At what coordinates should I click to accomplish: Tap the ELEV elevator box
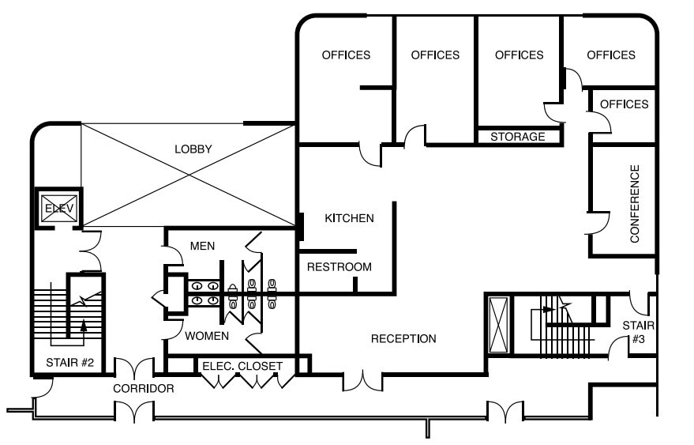tap(58, 208)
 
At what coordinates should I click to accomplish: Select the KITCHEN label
tap(349, 218)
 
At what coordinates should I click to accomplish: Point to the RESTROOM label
tap(339, 266)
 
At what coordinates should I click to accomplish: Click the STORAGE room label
tap(518, 137)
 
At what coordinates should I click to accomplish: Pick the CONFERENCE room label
tap(634, 203)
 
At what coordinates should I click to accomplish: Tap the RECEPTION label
tap(403, 338)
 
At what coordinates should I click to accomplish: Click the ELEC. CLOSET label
tap(242, 366)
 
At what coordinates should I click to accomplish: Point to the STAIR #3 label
tap(638, 332)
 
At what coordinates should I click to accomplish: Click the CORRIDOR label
tap(143, 388)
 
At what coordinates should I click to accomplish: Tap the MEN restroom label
tap(203, 247)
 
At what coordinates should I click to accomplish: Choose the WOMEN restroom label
tap(207, 335)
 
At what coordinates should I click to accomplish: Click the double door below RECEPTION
tap(364, 380)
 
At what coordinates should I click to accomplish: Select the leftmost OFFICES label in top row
tap(346, 55)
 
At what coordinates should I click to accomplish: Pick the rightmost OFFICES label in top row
tap(611, 55)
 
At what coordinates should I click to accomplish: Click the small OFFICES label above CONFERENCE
tap(624, 104)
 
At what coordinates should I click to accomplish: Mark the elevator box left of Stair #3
tap(499, 324)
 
